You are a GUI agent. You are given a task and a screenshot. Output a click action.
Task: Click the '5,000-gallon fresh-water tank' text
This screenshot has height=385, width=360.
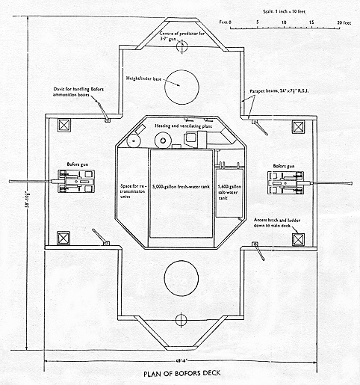pos(180,185)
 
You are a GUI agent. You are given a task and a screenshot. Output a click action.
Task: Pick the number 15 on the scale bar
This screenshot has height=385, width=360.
pos(311,22)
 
